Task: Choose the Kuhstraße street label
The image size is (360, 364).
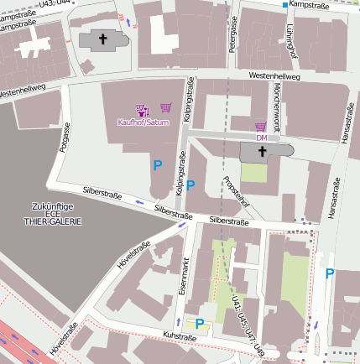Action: (x=179, y=336)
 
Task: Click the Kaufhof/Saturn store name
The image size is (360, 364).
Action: (x=143, y=123)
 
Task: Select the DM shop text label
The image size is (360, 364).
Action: (x=261, y=137)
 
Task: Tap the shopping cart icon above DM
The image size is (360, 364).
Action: (x=261, y=127)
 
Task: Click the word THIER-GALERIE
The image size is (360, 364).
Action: (x=54, y=222)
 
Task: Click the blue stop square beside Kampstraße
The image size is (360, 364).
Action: (x=285, y=5)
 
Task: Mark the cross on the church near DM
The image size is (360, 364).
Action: (x=261, y=152)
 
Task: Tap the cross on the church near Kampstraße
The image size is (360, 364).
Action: (x=104, y=39)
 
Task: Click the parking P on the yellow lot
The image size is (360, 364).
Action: (x=200, y=323)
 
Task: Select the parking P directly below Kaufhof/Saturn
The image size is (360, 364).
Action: (x=157, y=166)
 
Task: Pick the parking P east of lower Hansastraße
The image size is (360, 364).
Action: (x=330, y=273)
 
